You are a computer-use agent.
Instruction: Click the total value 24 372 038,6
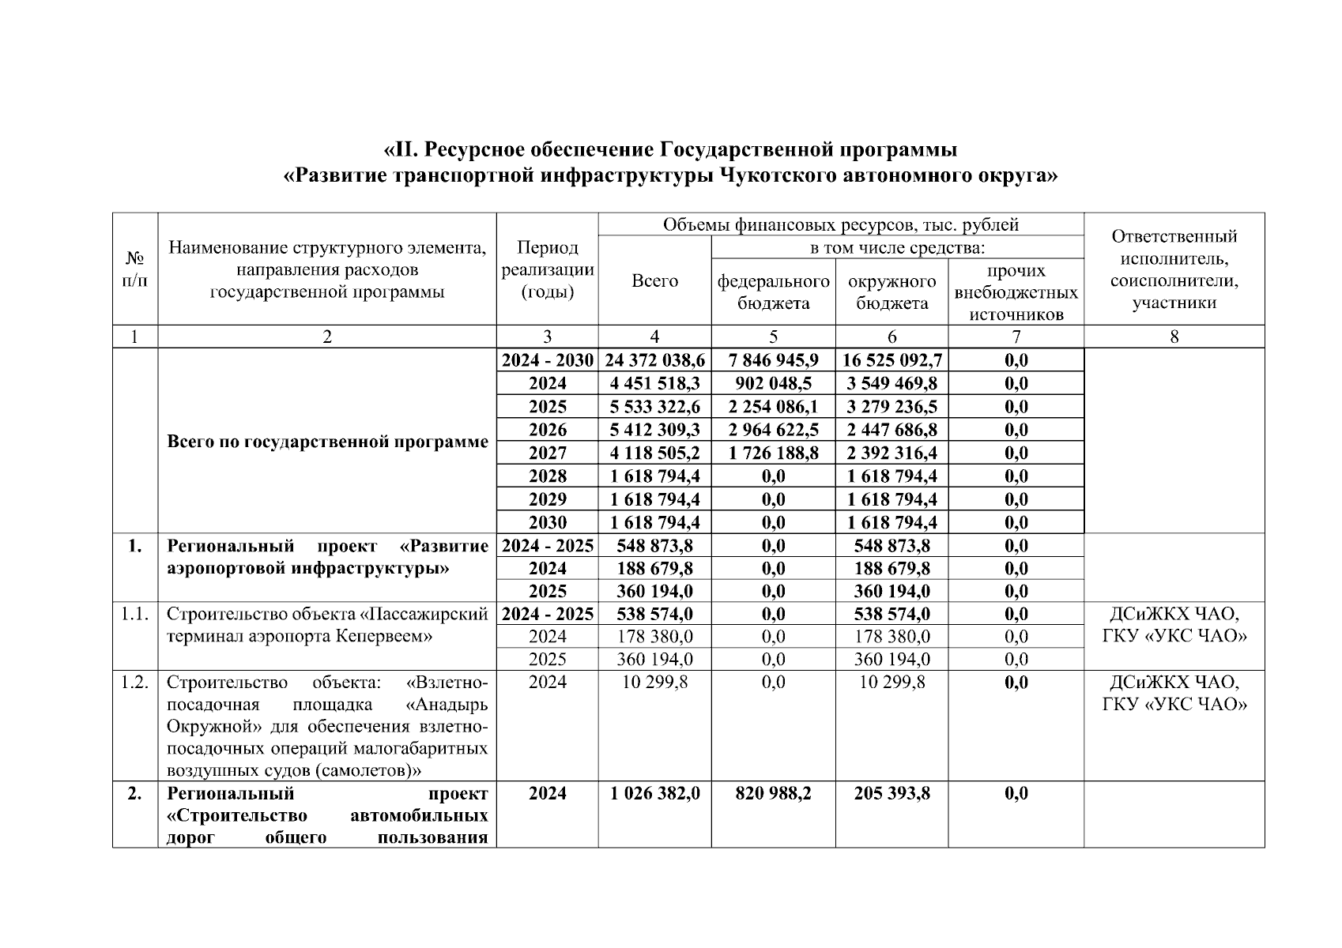(x=654, y=360)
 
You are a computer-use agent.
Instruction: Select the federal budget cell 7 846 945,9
(x=773, y=360)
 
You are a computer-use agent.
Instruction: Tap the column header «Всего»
(x=654, y=281)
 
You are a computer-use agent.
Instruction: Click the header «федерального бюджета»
(x=773, y=292)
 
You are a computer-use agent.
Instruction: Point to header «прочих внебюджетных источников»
(x=1016, y=292)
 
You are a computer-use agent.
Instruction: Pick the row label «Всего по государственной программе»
(x=327, y=442)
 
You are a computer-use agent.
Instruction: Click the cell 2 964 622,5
(x=773, y=430)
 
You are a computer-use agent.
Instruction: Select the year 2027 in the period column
(x=547, y=453)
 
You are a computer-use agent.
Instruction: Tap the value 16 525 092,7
(x=892, y=360)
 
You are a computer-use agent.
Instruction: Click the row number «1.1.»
(x=135, y=614)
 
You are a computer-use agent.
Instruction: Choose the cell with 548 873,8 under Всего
(x=654, y=546)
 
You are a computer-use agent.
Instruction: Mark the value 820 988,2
(x=773, y=793)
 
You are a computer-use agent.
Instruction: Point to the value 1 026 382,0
(x=654, y=793)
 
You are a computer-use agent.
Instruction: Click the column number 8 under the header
(x=1174, y=337)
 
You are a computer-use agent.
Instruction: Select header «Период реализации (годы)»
(x=547, y=269)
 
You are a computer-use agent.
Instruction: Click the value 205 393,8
(x=892, y=793)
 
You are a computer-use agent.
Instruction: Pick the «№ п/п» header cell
(x=135, y=269)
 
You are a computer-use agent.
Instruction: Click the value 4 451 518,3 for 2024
(x=654, y=384)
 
